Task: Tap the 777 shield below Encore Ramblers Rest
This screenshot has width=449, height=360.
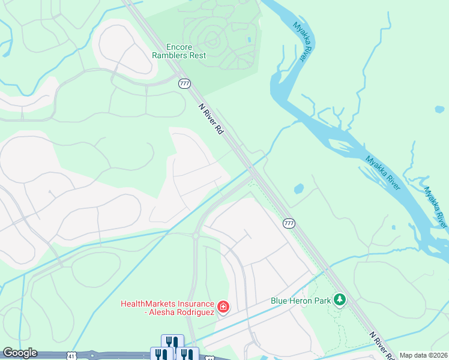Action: [184, 83]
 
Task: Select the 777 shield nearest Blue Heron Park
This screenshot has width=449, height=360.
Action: [289, 223]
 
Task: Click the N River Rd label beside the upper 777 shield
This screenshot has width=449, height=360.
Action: [211, 118]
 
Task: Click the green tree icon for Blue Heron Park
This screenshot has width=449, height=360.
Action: [340, 299]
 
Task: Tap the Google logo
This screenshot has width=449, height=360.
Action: [20, 353]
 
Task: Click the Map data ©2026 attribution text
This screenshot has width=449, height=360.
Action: [423, 355]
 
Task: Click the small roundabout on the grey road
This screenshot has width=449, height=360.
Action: [196, 236]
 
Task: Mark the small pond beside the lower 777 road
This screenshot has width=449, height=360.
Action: [298, 188]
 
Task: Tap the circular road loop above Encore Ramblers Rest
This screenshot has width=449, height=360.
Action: [211, 40]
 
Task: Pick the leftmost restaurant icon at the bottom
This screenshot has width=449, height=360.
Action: [161, 354]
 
